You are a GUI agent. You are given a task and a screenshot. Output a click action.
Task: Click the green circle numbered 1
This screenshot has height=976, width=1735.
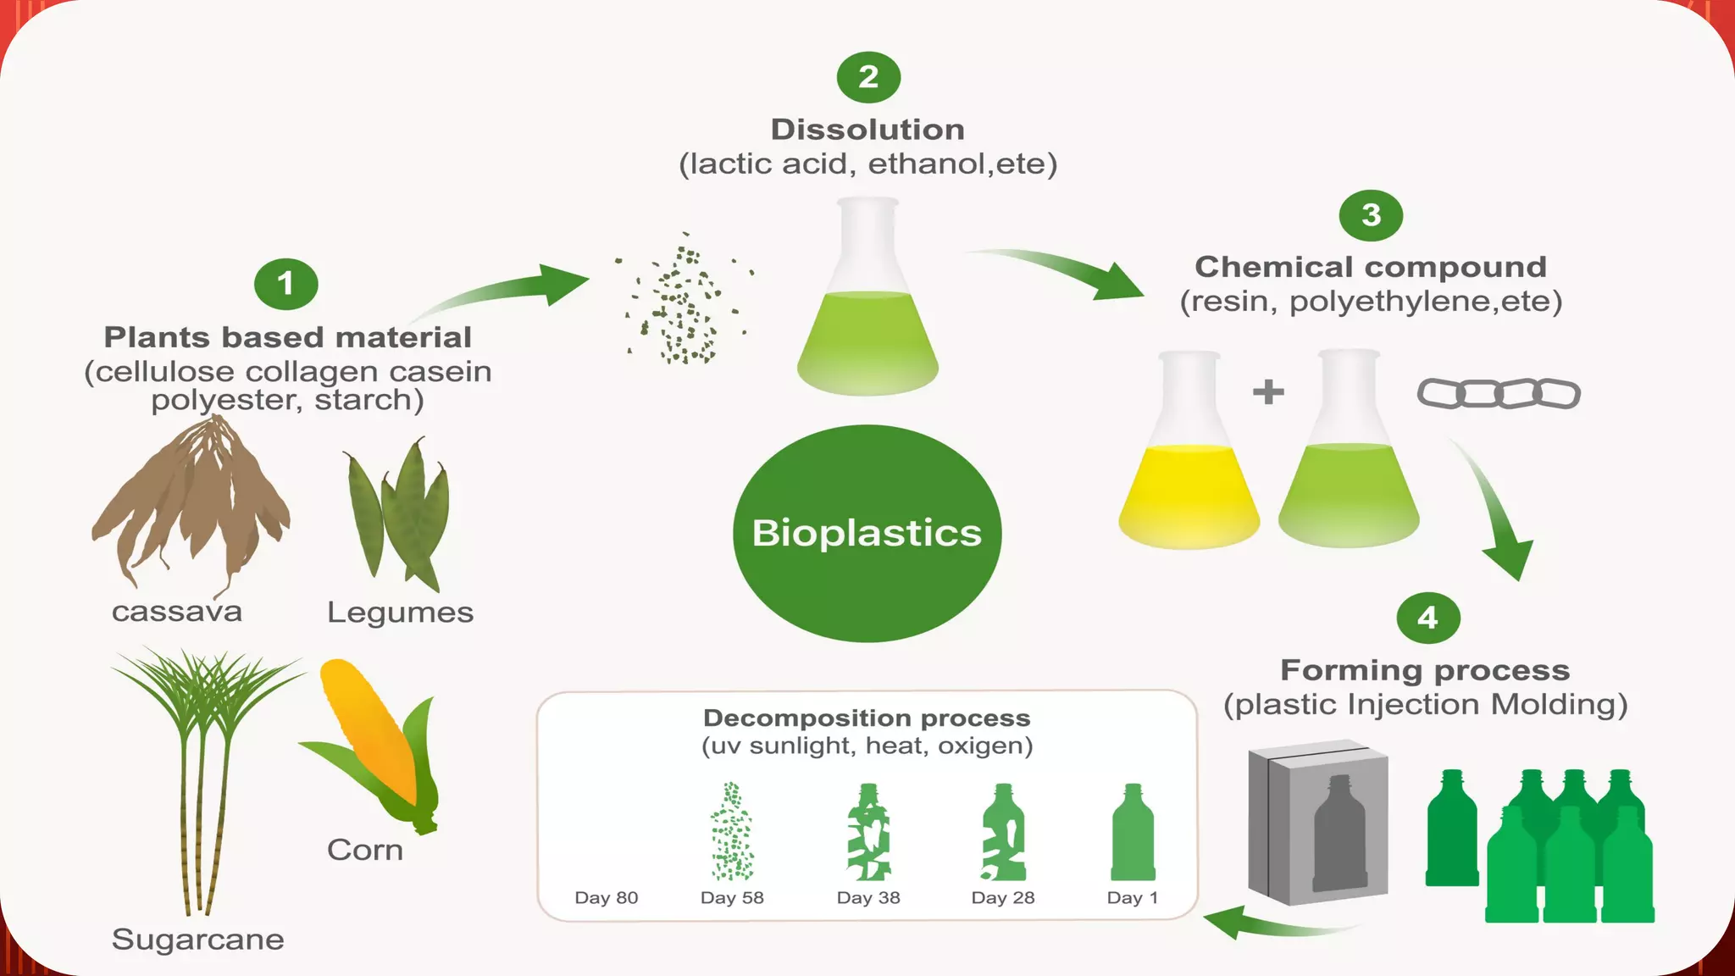[x=285, y=284]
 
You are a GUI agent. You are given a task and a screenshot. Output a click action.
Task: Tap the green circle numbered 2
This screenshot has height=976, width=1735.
[x=868, y=77]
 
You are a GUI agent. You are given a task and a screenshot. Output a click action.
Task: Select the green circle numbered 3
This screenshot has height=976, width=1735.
[x=1371, y=215]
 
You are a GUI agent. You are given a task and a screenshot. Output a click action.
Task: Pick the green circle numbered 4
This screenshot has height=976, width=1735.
[x=1427, y=618]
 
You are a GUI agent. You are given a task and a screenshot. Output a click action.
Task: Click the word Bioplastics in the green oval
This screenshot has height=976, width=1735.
[x=867, y=533]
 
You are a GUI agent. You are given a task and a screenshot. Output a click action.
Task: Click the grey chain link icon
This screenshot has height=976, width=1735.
[x=1499, y=394]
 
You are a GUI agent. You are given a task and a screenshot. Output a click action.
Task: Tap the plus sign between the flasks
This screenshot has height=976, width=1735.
[x=1268, y=392]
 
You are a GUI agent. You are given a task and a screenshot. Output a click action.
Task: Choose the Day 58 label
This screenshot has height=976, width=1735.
[x=732, y=898]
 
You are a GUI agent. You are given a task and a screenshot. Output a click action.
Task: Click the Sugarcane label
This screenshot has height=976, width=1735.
[x=198, y=940]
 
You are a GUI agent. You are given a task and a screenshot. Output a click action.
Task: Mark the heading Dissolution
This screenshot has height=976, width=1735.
[x=867, y=130]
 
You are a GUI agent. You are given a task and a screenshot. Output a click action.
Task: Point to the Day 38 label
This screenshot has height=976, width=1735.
[x=868, y=898]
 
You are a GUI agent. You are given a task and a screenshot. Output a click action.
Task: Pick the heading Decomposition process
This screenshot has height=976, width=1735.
[x=867, y=718]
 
